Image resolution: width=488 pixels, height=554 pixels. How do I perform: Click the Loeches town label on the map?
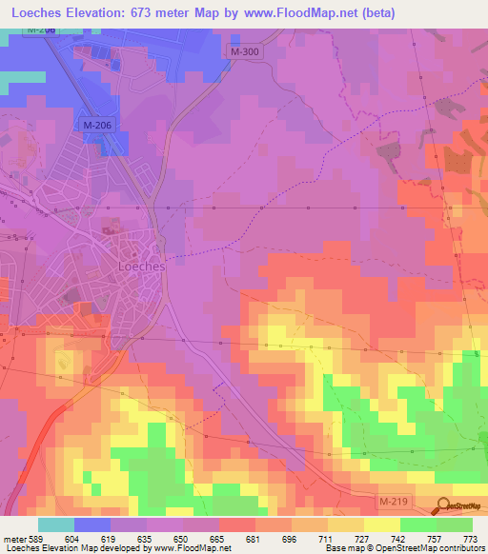(x=141, y=267)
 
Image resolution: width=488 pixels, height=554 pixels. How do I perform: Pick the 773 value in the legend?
(x=468, y=538)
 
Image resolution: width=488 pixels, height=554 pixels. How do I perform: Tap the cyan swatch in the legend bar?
(x=56, y=524)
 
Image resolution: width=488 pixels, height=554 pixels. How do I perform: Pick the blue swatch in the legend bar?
(x=92, y=524)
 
